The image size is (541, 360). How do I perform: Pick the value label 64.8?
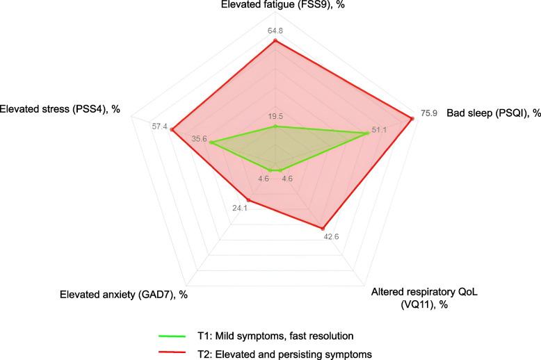275,29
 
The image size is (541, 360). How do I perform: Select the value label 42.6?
331,237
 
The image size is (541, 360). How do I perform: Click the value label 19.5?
275,116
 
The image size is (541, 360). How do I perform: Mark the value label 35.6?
200,139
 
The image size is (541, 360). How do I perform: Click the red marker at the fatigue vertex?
275,40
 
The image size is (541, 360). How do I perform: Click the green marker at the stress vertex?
211,144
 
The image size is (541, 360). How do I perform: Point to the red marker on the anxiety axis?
248,200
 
